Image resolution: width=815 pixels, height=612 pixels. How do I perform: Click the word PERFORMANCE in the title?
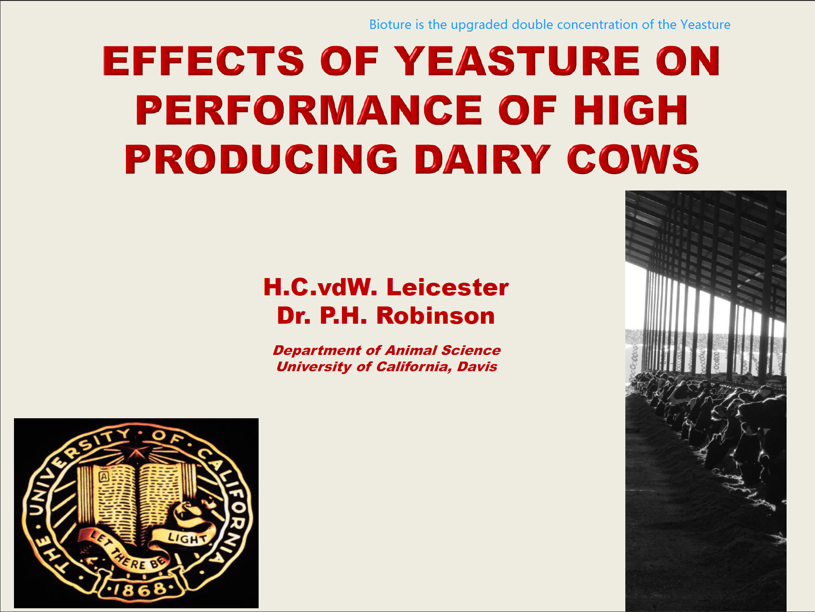tap(309, 110)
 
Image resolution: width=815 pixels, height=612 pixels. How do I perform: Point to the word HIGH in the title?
tap(630, 110)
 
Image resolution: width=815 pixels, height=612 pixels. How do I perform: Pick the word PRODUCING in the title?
tap(261, 159)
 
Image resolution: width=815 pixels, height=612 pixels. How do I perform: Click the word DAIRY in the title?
tap(483, 159)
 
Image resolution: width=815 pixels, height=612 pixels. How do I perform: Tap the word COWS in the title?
tap(633, 159)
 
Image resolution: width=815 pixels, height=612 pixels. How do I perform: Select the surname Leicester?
tap(447, 287)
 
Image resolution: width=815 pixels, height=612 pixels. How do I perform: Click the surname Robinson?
tap(435, 315)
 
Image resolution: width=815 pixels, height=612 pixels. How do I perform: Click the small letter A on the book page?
tap(104, 477)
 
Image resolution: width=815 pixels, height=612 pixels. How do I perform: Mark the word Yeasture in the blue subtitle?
tap(705, 25)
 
